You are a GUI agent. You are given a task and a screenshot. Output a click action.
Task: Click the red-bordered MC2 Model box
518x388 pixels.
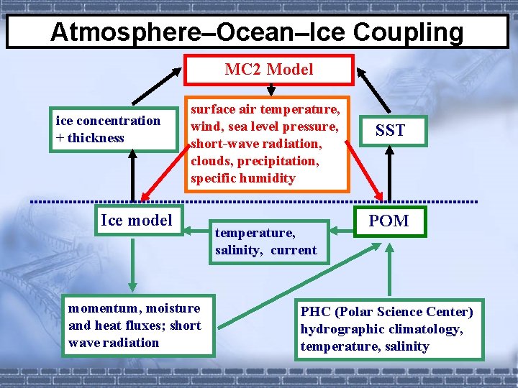[269, 70]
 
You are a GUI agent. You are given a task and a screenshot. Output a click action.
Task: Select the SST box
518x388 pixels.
[389, 130]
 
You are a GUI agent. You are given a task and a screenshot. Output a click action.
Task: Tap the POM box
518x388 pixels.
[388, 221]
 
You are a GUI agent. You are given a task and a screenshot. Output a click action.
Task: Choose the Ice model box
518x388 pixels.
[137, 220]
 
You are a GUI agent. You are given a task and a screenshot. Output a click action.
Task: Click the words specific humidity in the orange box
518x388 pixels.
[242, 178]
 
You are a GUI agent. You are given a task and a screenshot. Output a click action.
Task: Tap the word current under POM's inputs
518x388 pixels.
[294, 250]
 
